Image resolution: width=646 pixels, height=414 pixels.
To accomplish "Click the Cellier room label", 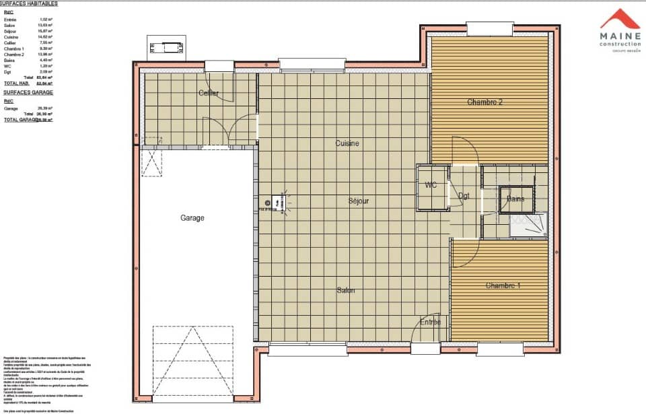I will pos(208,93).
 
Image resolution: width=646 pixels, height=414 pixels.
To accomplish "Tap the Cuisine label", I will pos(347,143).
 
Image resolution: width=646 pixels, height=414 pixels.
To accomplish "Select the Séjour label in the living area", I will pos(358,201).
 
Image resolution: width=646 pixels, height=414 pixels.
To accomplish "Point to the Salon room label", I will pos(346,290).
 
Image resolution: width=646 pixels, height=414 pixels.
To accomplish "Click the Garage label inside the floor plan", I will pos(192,217).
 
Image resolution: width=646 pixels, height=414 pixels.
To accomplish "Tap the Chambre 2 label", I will pos(485,102).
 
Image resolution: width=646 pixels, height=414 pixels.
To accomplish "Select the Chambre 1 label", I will pos(503,285).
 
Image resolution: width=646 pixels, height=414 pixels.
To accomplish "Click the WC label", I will pos(431,185).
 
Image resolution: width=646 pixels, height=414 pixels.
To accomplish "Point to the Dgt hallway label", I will pos(464,196).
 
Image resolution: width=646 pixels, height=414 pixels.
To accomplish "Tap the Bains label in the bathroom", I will pos(515,199).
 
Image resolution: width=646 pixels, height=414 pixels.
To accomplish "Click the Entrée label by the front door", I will pos(431,322).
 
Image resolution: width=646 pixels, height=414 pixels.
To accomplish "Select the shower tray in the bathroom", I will pos(528,227).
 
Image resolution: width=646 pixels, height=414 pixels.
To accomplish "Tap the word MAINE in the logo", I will pos(620,38).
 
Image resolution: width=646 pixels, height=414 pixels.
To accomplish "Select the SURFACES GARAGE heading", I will pos(28,92).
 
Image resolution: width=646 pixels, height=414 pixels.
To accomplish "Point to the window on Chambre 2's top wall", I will pos(489,29).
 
